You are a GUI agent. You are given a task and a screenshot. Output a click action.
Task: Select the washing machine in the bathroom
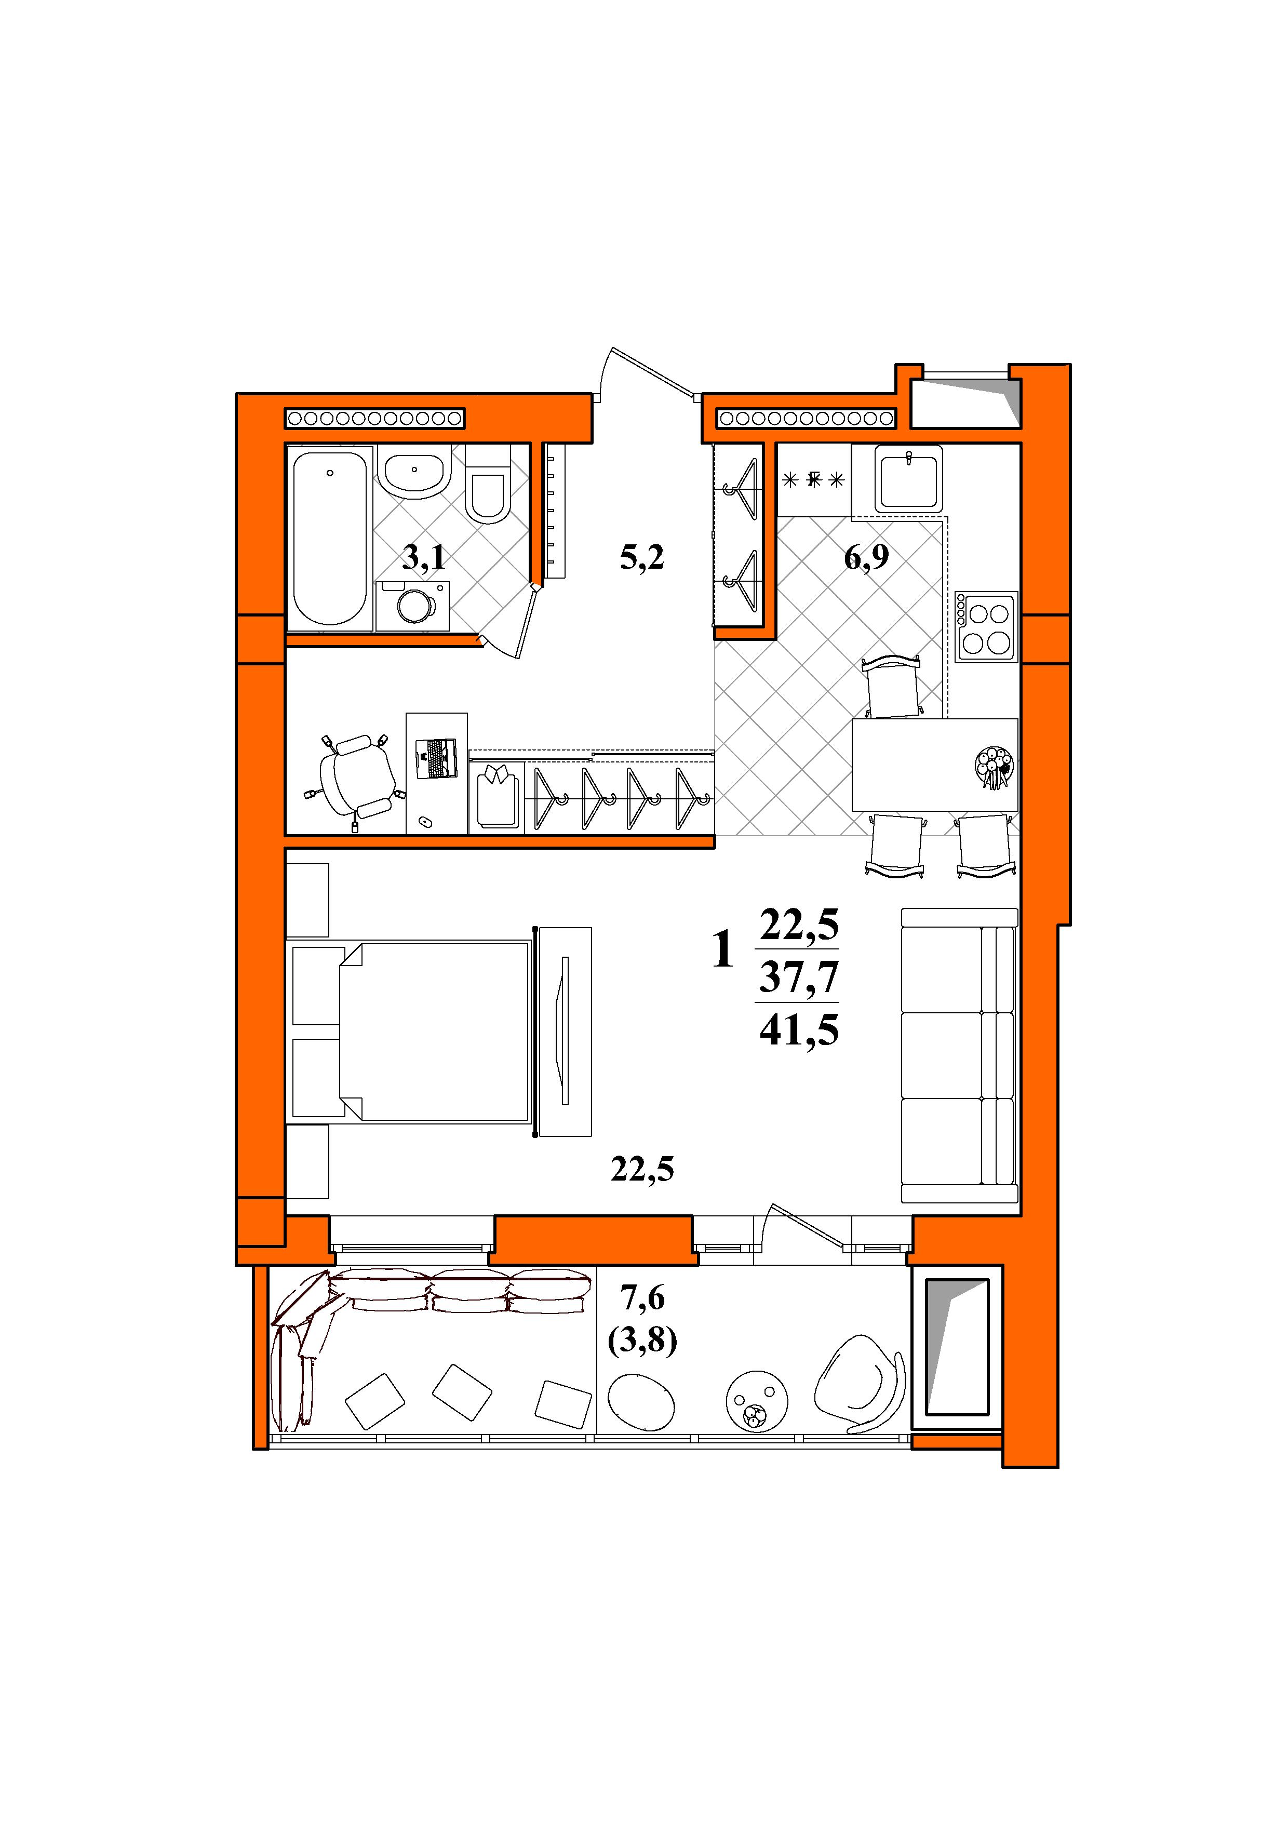[413, 606]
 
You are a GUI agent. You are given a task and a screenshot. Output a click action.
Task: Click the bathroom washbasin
[414, 472]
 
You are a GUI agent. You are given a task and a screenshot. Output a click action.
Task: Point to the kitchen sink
[909, 478]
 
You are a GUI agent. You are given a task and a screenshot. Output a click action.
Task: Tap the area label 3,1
[424, 558]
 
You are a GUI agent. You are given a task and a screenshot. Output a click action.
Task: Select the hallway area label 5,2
[642, 558]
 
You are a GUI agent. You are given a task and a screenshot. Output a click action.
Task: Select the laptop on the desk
[436, 758]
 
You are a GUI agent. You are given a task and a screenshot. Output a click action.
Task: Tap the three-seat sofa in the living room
[959, 1055]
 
